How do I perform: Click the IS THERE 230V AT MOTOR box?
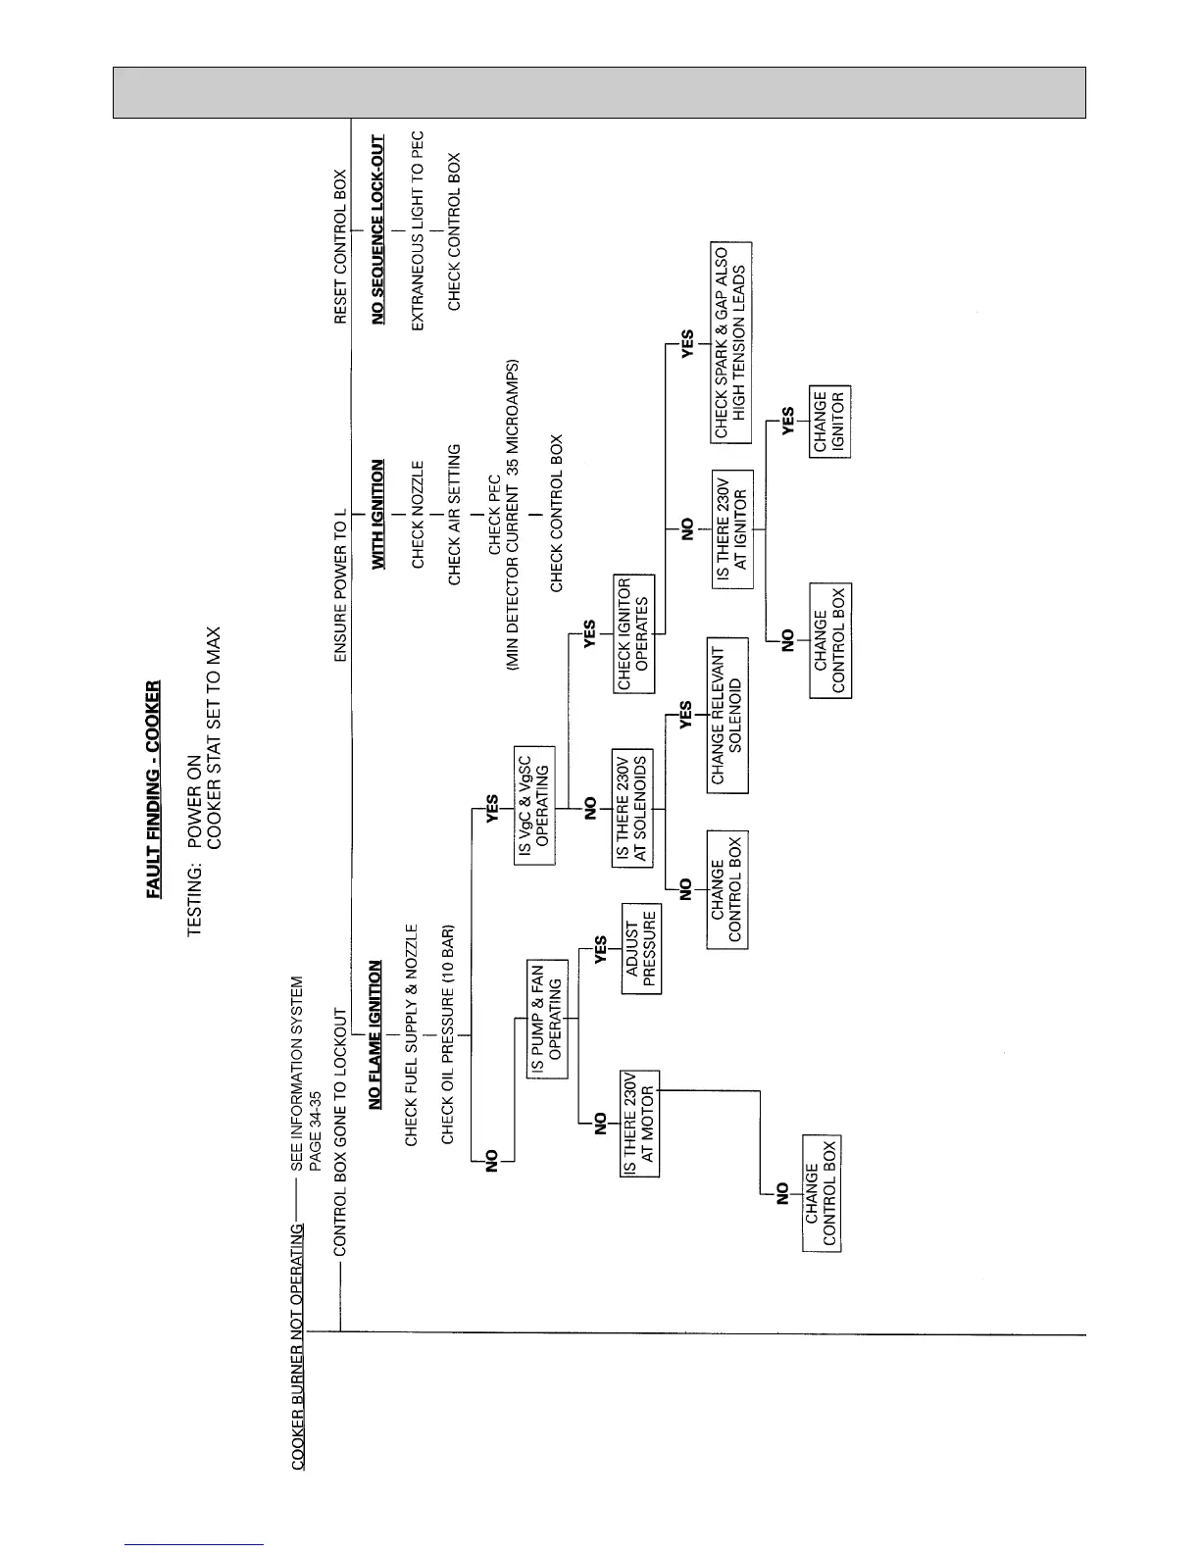tap(640, 1124)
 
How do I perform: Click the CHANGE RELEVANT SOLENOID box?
tap(727, 716)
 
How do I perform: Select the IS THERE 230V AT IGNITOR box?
tap(731, 529)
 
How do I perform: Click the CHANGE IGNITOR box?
tap(829, 422)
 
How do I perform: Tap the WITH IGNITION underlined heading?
tap(377, 515)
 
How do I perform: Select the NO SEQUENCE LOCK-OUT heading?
tap(377, 229)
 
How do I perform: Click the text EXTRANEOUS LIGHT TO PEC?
tap(417, 230)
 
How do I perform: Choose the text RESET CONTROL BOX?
tap(340, 247)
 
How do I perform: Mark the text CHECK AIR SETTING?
tap(454, 515)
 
